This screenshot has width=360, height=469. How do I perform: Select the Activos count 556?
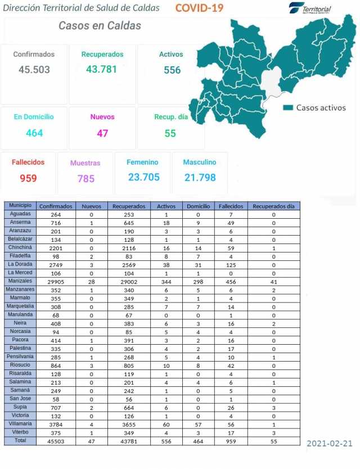pyautogui.click(x=172, y=70)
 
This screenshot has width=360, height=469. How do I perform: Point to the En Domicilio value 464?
pyautogui.click(x=34, y=133)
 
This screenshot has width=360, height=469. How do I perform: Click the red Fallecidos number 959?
pyautogui.click(x=28, y=178)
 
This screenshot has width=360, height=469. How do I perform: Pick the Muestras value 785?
pyautogui.click(x=85, y=179)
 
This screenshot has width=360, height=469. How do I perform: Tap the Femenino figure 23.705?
pyautogui.click(x=143, y=177)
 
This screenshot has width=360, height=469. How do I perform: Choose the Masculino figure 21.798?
pyautogui.click(x=200, y=177)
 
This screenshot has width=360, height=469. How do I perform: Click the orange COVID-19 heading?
pyautogui.click(x=199, y=8)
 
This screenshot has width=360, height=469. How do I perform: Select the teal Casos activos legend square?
pyautogui.click(x=289, y=107)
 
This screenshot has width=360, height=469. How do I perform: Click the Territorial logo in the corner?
pyautogui.click(x=310, y=8)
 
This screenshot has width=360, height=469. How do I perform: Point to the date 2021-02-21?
pyautogui.click(x=330, y=444)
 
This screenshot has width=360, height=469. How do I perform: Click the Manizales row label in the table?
pyautogui.click(x=19, y=280)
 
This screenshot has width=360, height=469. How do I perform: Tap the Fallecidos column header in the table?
pyautogui.click(x=230, y=206)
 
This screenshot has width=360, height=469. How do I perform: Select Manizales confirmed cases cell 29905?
pyautogui.click(x=56, y=280)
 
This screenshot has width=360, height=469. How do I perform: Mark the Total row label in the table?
pyautogui.click(x=19, y=440)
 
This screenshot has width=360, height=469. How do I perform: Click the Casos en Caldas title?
pyautogui.click(x=100, y=26)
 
